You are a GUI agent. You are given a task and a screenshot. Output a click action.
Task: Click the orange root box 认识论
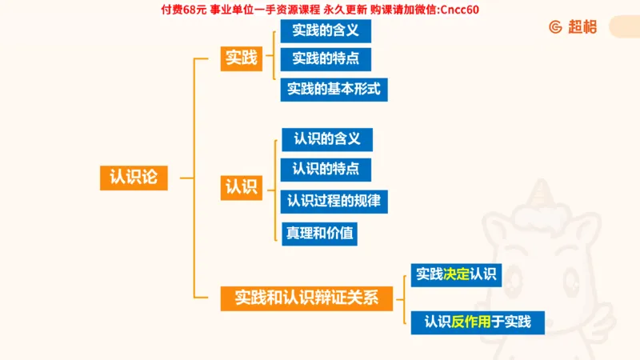(x=134, y=177)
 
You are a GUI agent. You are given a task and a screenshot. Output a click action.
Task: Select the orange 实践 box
(x=242, y=58)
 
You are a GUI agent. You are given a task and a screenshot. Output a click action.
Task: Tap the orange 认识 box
(x=242, y=187)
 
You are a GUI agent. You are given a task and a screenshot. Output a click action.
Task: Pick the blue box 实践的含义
(x=325, y=32)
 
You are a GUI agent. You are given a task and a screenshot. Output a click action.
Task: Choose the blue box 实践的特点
(x=325, y=58)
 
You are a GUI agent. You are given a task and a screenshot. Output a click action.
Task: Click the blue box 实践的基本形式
(x=334, y=89)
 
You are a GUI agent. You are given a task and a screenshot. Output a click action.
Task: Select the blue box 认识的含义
(x=326, y=139)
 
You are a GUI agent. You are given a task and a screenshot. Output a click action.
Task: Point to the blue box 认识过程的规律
(x=334, y=201)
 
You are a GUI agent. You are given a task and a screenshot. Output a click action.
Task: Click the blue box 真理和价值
(x=318, y=234)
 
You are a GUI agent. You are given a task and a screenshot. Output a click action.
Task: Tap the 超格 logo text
(x=582, y=26)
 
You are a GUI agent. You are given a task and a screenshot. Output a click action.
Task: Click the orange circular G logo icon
(x=555, y=26)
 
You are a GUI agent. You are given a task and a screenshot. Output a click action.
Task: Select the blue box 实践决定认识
(x=456, y=275)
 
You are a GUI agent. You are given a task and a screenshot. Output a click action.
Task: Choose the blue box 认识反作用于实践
(x=478, y=322)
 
